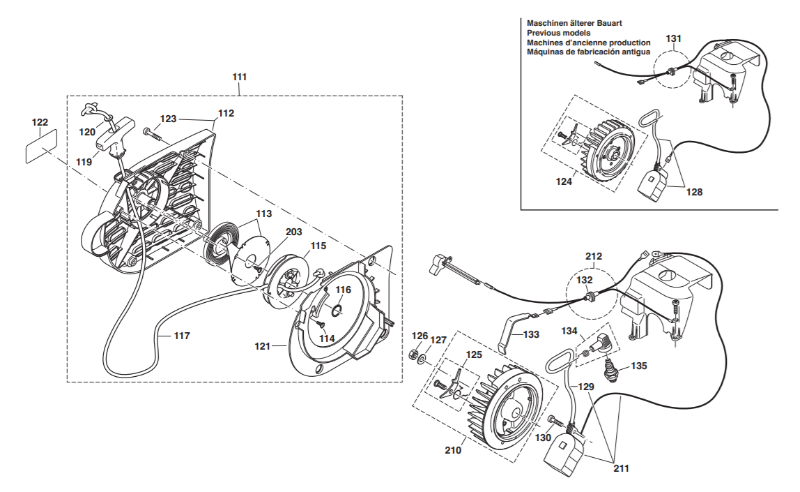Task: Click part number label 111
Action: tap(239, 77)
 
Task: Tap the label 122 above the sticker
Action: tap(40, 123)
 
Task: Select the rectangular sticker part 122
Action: tap(42, 147)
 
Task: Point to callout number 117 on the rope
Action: tap(182, 336)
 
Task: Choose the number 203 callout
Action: tap(294, 232)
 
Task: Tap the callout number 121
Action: tap(262, 346)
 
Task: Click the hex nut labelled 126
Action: tap(414, 354)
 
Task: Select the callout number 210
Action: tap(453, 450)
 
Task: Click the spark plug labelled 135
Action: tap(610, 369)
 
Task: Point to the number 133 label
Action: tap(531, 335)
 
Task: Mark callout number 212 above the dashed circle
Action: tap(593, 257)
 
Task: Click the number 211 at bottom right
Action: tap(621, 468)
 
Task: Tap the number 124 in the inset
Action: tap(564, 181)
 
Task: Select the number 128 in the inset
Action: tap(694, 192)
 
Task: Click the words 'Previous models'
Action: tap(559, 33)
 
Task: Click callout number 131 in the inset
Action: tap(673, 39)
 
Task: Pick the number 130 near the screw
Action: tap(543, 438)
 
